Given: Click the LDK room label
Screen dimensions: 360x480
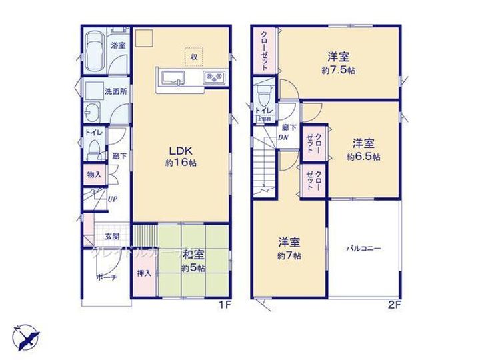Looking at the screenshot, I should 180,150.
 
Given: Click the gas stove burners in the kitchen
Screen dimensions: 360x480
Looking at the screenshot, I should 215,77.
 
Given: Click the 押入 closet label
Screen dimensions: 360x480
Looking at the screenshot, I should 144,273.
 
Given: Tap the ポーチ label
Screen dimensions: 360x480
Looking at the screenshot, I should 106,278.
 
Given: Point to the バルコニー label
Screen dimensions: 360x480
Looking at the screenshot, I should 363,249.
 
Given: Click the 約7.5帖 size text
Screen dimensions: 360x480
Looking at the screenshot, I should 338,70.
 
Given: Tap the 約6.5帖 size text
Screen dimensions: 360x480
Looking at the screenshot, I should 363,157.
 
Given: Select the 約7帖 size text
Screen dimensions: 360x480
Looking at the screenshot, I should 289,255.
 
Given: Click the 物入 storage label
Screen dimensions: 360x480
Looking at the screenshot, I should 93,175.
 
